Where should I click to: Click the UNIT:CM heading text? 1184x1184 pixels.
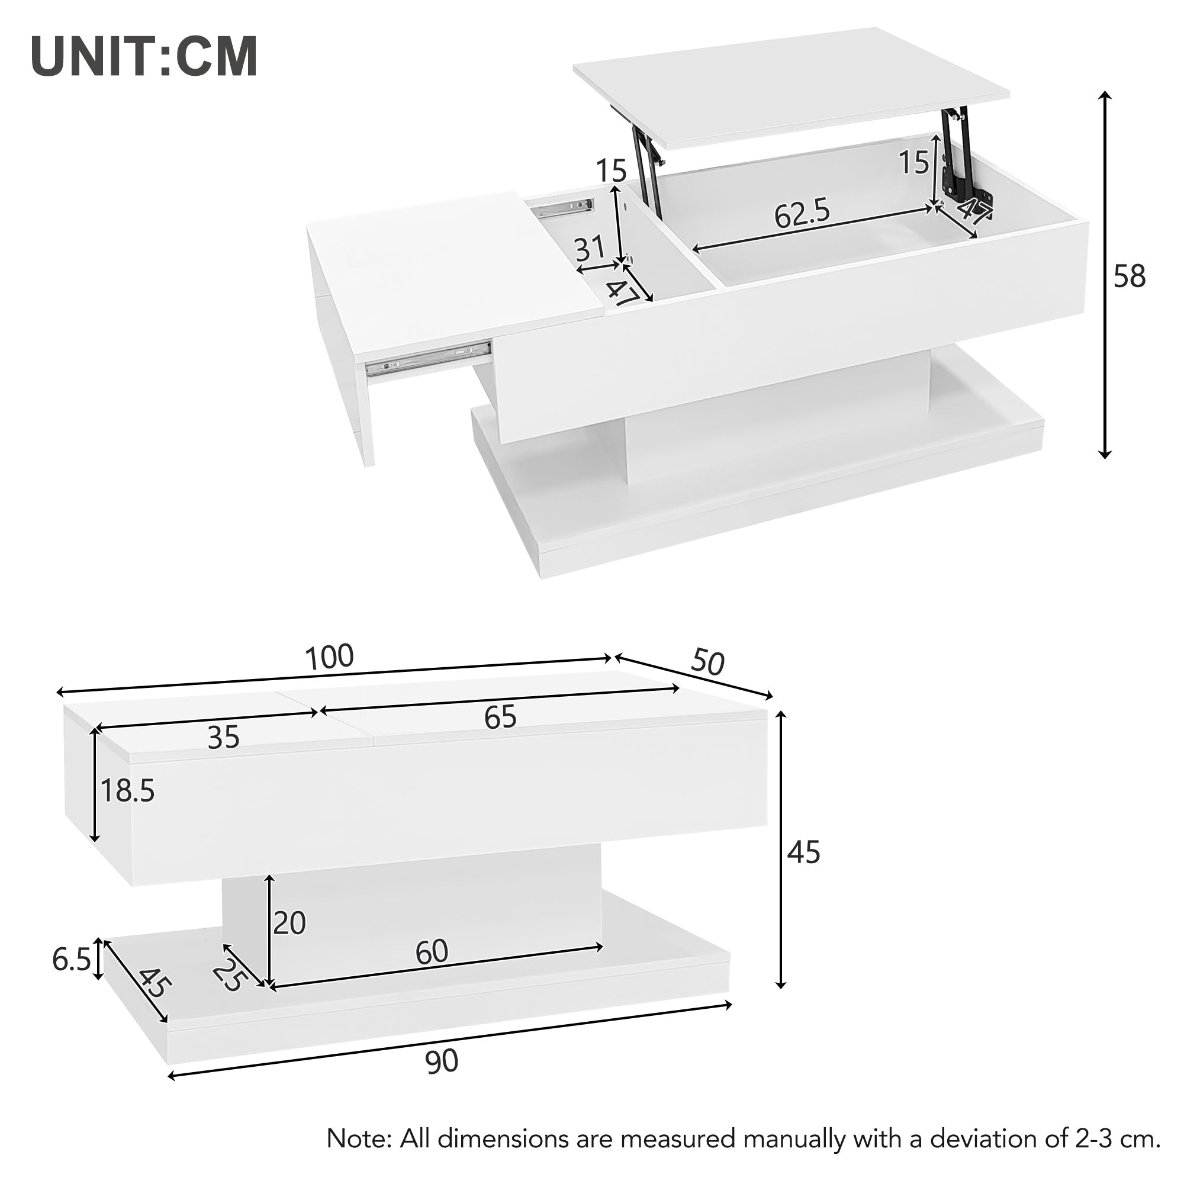[144, 57]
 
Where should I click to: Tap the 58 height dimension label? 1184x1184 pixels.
[1130, 277]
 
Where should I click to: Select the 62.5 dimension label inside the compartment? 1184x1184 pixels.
[802, 214]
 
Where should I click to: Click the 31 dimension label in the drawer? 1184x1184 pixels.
[590, 249]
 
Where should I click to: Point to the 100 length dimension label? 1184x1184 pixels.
[330, 658]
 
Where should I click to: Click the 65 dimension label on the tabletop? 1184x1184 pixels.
[500, 717]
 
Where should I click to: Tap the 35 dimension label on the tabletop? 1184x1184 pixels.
[223, 738]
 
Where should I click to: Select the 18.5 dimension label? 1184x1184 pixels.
[127, 791]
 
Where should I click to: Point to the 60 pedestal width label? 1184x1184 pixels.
[432, 952]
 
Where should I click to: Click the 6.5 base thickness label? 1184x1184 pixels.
[72, 960]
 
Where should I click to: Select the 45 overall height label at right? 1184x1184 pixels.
[803, 852]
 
